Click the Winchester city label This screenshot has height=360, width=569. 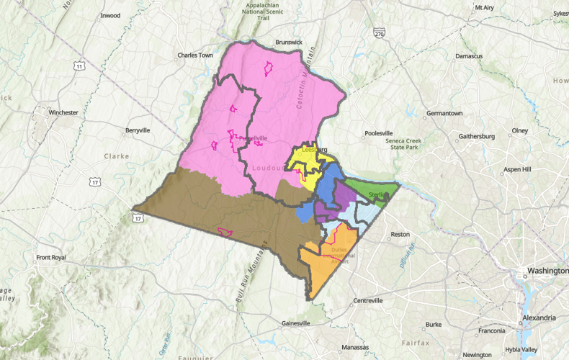[x=63, y=112]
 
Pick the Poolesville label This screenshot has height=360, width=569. [x=379, y=133]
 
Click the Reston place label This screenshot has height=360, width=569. [x=400, y=235]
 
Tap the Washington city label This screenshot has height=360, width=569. [x=547, y=271]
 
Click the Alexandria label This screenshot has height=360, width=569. [x=539, y=318]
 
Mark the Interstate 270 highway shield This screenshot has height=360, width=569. [x=380, y=33]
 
